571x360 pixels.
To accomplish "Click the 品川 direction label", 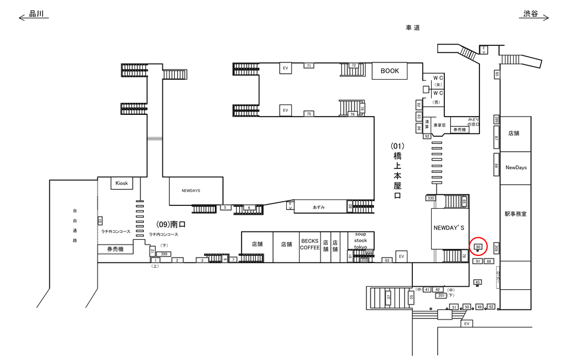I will click(x=37, y=13).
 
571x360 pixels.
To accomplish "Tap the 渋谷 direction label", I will click(x=531, y=13).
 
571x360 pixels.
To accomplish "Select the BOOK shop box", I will click(x=390, y=71).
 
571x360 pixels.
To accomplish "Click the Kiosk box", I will click(x=122, y=183).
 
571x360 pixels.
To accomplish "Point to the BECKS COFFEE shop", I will click(x=310, y=244).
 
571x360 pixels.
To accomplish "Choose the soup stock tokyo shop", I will click(x=360, y=240).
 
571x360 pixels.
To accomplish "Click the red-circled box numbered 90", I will click(x=478, y=246).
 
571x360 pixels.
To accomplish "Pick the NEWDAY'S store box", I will click(x=452, y=228).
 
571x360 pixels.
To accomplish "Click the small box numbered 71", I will click(x=309, y=65).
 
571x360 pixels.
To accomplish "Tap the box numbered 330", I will click(x=431, y=198).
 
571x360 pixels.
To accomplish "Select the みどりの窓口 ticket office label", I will click(x=473, y=122).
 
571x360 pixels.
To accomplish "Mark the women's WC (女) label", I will click(x=438, y=81).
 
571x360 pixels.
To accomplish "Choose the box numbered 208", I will click(x=496, y=248).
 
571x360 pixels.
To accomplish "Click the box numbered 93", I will click(x=387, y=260).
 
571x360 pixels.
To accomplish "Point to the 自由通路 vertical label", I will click(x=75, y=226).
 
